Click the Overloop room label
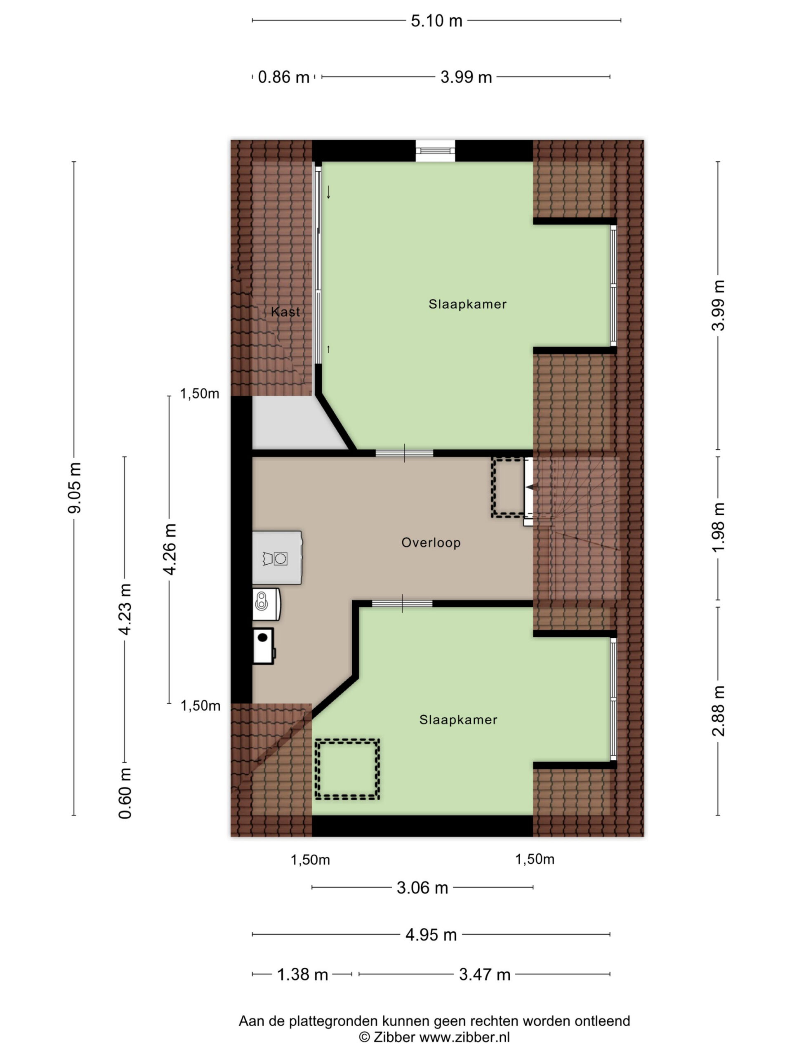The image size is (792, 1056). [431, 543]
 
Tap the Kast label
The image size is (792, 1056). [285, 312]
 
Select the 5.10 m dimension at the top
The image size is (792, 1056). [436, 21]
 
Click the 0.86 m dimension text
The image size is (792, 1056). [283, 77]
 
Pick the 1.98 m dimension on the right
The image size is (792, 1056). [718, 527]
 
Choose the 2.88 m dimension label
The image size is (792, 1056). [718, 711]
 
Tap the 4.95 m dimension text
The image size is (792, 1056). [431, 934]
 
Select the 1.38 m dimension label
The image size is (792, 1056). [303, 974]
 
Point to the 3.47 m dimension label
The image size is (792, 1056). [485, 974]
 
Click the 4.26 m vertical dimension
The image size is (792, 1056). [170, 549]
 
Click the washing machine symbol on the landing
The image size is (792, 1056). [277, 558]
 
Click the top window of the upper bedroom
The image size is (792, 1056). [435, 151]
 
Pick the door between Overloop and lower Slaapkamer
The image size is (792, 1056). [402, 604]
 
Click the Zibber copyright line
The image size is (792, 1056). [434, 1037]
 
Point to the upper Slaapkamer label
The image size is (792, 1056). [467, 304]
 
